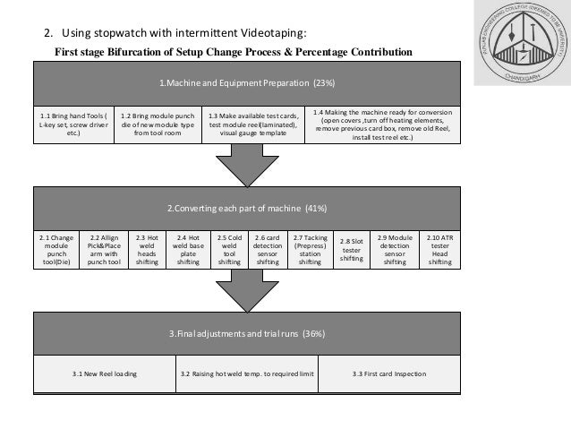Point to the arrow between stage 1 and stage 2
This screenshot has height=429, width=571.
point(247,167)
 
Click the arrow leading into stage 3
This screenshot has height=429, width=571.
point(247,290)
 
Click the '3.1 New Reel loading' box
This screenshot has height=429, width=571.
point(105,373)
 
